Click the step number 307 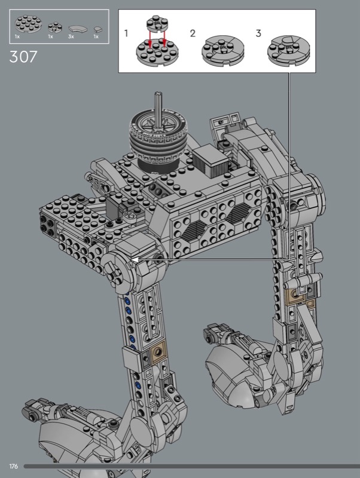23,57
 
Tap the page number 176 13,466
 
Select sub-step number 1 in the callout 126,33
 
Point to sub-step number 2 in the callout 193,33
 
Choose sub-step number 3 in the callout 258,33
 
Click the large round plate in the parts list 28,24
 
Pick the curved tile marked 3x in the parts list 78,29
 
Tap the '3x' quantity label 71,36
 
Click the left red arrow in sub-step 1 150,39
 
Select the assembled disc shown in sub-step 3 288,50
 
